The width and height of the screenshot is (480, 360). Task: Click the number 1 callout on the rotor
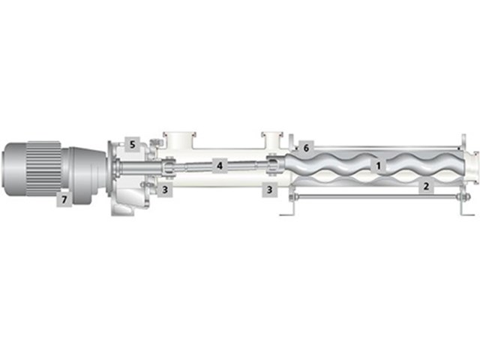(x=379, y=166)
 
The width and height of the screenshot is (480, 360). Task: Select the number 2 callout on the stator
(x=426, y=186)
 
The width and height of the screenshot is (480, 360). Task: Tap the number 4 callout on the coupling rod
(x=220, y=166)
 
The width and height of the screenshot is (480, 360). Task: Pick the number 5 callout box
(x=132, y=144)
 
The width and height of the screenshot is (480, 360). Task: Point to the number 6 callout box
(x=306, y=148)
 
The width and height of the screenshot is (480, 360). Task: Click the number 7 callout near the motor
(x=64, y=199)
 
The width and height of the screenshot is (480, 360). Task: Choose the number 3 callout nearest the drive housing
(x=165, y=190)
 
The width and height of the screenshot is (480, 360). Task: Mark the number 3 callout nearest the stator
(x=269, y=190)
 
